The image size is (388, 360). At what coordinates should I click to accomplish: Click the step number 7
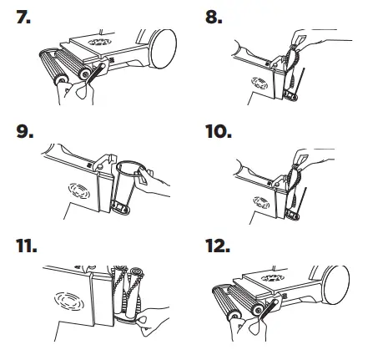point(23,17)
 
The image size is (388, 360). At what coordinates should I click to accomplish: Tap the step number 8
point(214,17)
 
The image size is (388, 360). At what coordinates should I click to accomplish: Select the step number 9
point(25,131)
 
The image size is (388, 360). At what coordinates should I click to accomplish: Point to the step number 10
point(219,131)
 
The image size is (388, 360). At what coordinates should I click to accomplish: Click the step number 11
point(26,246)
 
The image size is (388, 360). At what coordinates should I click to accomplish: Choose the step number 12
point(218,246)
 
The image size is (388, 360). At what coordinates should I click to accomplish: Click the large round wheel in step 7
point(164,48)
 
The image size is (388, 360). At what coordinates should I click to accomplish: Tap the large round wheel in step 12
point(336,285)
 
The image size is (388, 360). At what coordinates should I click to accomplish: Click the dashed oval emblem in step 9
point(79,190)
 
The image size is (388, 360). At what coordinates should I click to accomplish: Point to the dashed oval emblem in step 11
point(69,302)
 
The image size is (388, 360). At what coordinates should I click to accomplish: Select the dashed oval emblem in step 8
point(260,84)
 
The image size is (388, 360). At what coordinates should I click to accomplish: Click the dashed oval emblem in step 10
point(261,202)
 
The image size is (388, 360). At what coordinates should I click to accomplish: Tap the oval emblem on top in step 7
point(99,42)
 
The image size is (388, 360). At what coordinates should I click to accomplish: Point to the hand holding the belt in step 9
point(153,181)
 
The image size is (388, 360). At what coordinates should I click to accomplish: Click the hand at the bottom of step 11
point(153,322)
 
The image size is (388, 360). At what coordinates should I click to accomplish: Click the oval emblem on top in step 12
point(273,278)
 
